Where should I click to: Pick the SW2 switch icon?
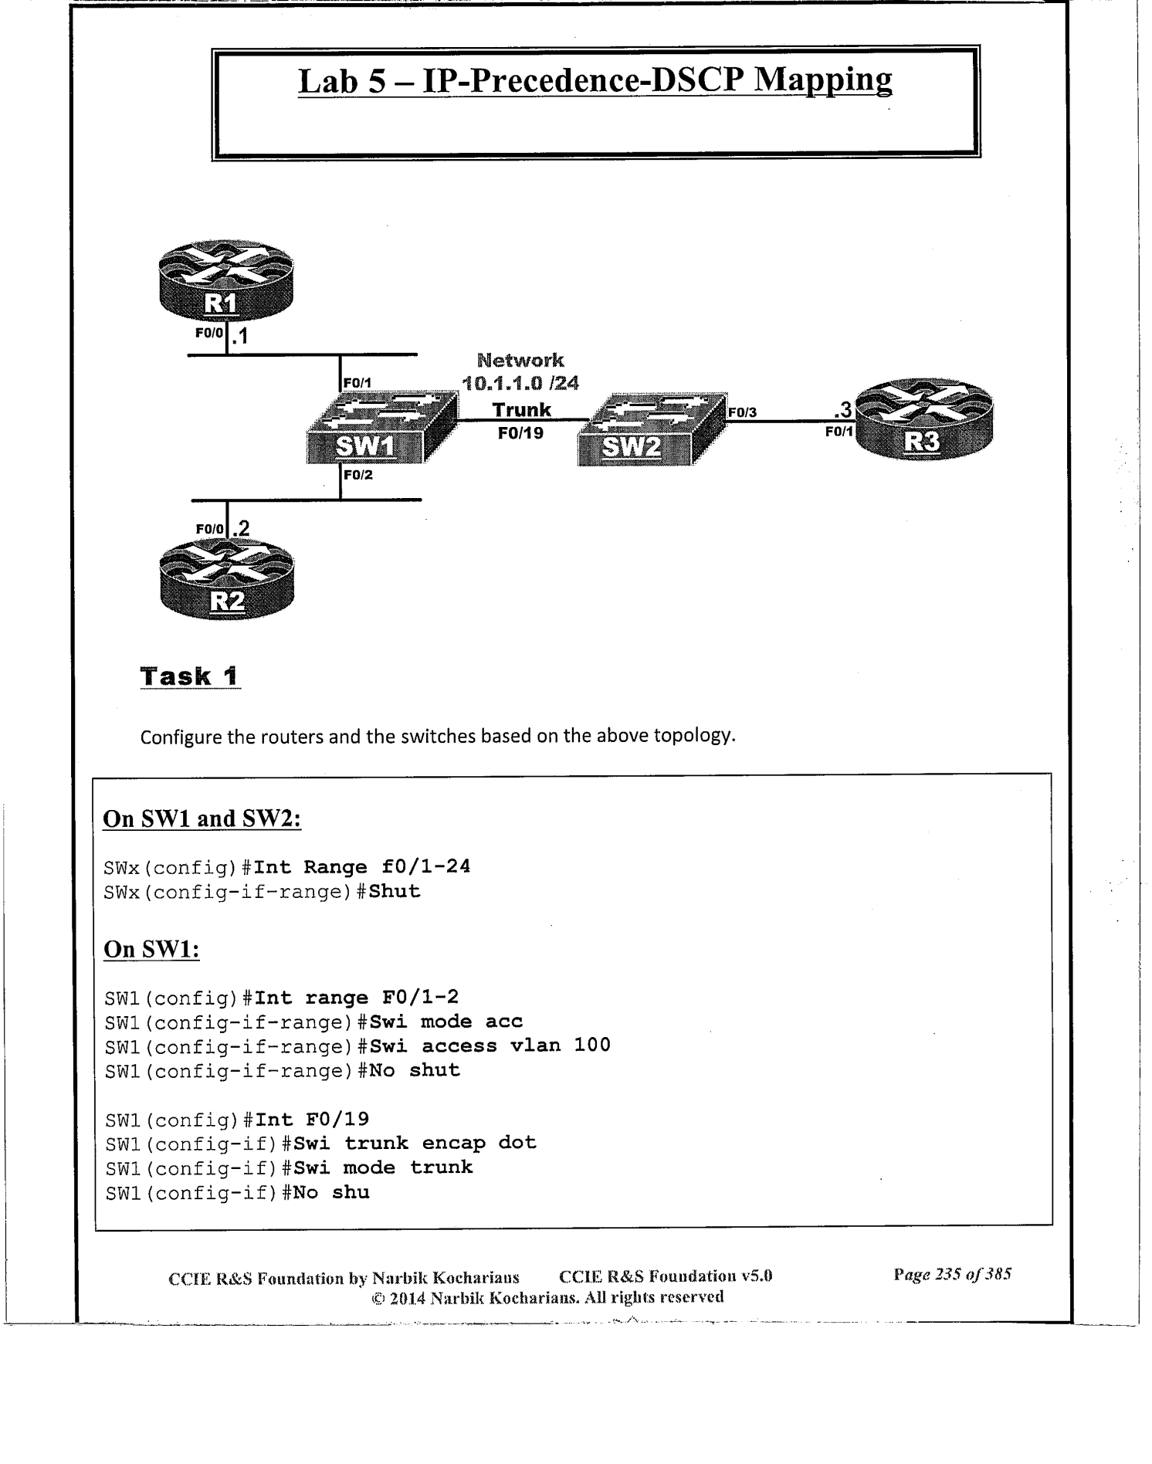(x=650, y=429)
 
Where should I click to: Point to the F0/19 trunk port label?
(x=520, y=433)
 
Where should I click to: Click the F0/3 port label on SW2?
(x=742, y=413)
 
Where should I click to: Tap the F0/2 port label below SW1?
(x=357, y=476)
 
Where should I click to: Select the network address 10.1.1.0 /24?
(x=520, y=383)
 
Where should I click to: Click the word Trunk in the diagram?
(x=522, y=409)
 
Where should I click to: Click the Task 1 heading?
(x=190, y=676)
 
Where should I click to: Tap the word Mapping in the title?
(x=822, y=80)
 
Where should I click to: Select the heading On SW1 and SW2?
(x=202, y=818)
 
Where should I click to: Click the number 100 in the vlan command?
(x=591, y=1045)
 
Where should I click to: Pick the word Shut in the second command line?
(x=395, y=891)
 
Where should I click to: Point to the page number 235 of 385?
(x=952, y=1274)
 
